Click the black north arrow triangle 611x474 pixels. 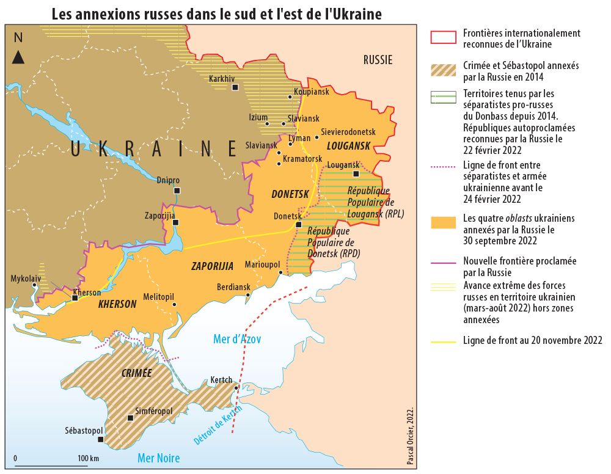click(18, 58)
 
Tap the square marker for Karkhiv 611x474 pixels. click(235, 88)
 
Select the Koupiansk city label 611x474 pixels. click(312, 92)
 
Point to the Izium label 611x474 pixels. click(258, 117)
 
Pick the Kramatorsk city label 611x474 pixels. click(303, 159)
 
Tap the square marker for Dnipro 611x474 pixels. click(177, 191)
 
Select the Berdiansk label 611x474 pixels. click(233, 287)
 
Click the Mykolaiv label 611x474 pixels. click(26, 279)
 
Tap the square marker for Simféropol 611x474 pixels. click(130, 418)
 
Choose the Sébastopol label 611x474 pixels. click(84, 431)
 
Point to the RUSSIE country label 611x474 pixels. click(378, 60)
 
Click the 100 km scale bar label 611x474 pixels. click(89, 458)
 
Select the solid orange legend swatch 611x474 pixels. click(444, 223)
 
